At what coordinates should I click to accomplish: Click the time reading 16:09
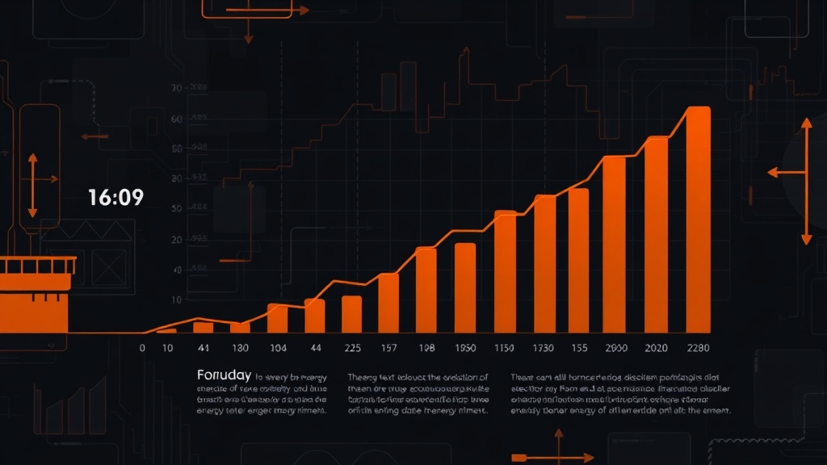115,198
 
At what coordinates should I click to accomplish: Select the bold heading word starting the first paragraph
223,376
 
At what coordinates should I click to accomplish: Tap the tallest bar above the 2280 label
698,220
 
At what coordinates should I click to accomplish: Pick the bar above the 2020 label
657,234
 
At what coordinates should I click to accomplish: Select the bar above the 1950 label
465,287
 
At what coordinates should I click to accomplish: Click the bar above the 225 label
351,314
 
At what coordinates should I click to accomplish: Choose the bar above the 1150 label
505,271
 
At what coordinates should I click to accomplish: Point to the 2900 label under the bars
616,349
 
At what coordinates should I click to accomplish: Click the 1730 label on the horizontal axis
544,349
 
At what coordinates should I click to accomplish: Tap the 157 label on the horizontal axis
388,349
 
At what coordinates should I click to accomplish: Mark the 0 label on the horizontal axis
142,349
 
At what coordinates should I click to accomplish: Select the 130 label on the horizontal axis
240,349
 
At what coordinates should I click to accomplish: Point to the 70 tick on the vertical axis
177,87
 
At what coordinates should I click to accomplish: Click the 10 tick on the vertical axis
177,300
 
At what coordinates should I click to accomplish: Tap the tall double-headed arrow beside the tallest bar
805,181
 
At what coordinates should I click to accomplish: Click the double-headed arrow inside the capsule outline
32,185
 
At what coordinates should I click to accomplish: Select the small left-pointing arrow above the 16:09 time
94,136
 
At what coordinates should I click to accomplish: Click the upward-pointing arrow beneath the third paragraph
558,442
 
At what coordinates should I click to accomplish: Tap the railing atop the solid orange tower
36,265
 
